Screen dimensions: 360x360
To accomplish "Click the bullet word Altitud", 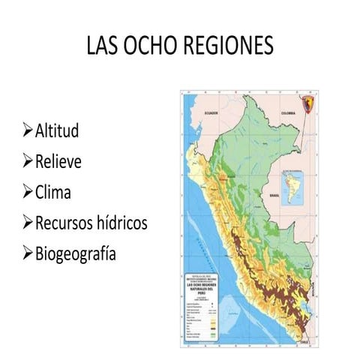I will click(57, 132).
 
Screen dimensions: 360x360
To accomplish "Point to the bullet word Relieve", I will click(58, 162).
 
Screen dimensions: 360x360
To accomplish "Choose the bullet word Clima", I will click(52, 192).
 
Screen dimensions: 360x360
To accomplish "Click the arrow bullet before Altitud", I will click(28, 133).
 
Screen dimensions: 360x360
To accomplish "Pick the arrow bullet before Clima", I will click(28, 193).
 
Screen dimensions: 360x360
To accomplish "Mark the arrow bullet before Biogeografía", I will click(28, 253).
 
